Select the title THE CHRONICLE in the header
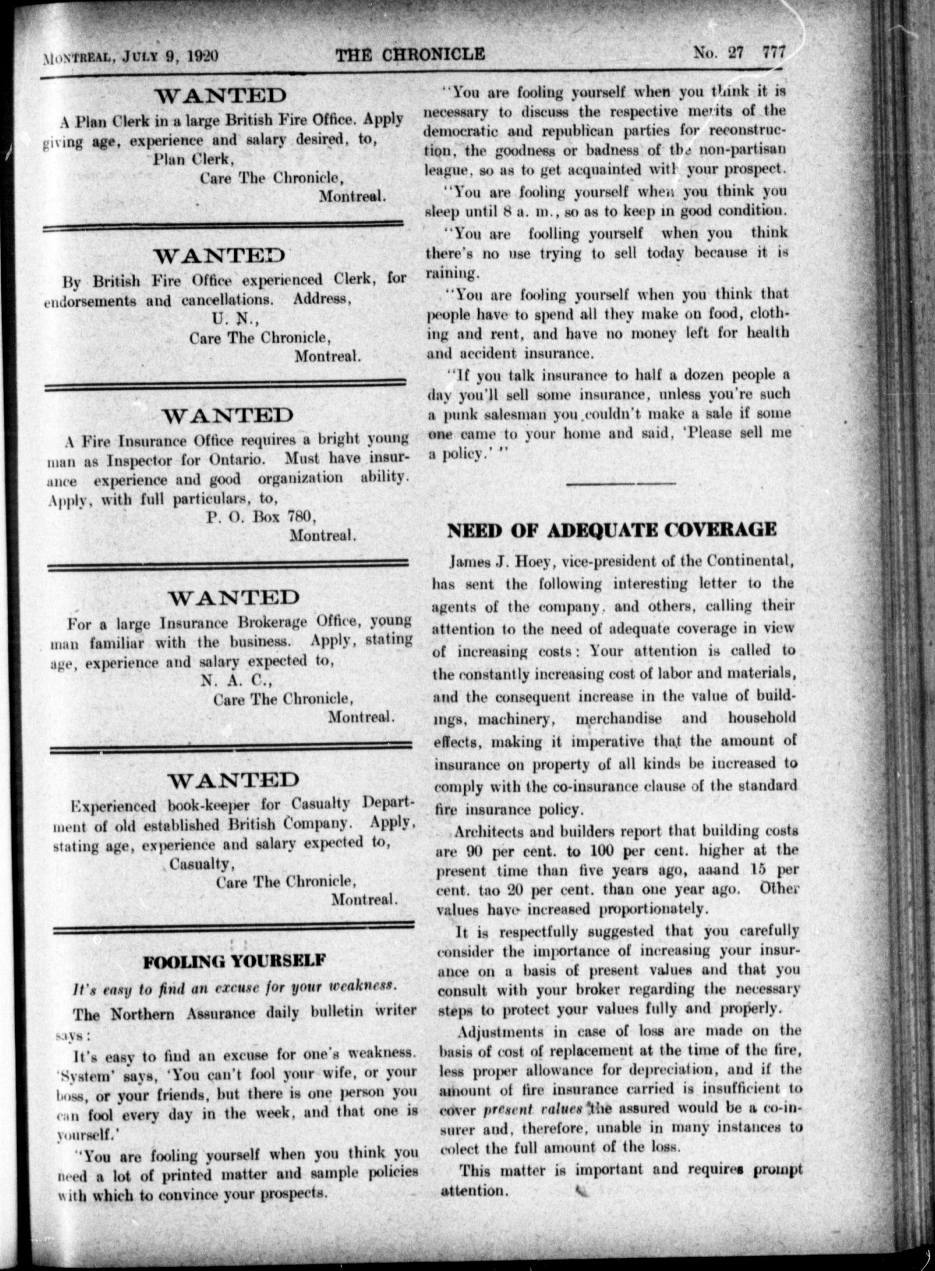coord(410,54)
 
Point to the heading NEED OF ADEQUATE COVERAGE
coord(612,530)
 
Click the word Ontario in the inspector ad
coord(234,460)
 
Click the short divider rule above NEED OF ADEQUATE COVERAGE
coord(620,484)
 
